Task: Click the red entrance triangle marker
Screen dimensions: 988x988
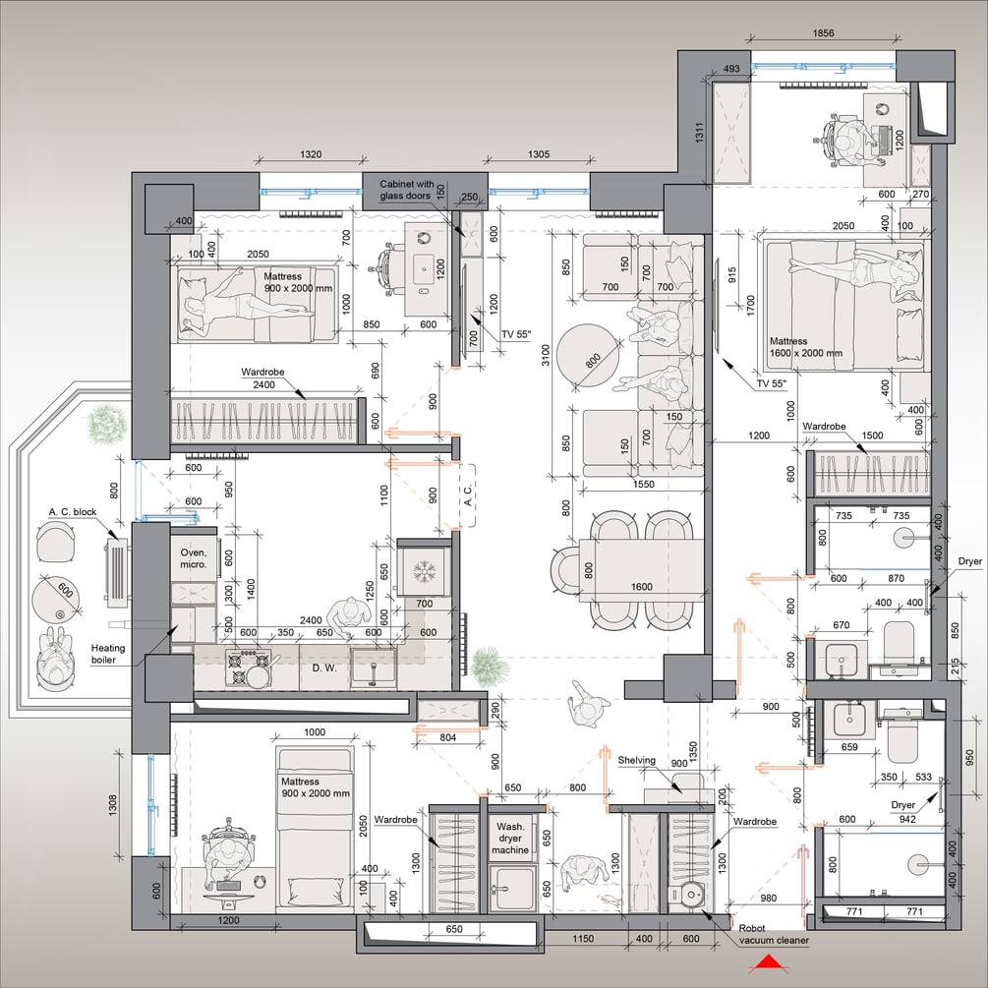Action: (768, 962)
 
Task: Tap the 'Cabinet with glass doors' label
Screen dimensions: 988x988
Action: (406, 190)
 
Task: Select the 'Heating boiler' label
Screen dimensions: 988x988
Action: (108, 654)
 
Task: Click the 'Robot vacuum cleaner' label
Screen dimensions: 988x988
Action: (774, 935)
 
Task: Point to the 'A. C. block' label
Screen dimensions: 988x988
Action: (73, 511)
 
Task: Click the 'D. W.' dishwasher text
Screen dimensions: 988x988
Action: (324, 668)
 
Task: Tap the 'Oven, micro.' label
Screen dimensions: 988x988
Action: (194, 558)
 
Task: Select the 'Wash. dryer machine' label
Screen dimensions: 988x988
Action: (510, 838)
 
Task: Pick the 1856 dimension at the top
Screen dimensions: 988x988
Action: (823, 33)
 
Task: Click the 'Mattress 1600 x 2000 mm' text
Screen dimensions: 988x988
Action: (805, 347)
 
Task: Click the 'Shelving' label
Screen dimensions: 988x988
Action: (636, 761)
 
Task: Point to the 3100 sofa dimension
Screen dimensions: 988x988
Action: (546, 355)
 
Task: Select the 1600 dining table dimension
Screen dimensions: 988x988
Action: (641, 587)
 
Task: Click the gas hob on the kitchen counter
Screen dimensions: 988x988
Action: (248, 668)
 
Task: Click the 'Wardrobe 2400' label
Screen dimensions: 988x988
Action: (262, 378)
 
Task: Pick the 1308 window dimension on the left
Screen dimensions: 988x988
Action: (112, 803)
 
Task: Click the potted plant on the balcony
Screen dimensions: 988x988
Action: (106, 424)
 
